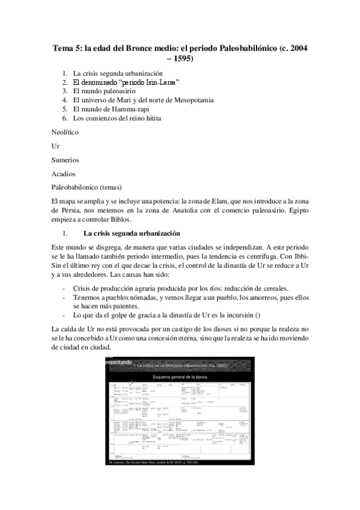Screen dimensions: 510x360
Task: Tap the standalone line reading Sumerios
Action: (65, 160)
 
